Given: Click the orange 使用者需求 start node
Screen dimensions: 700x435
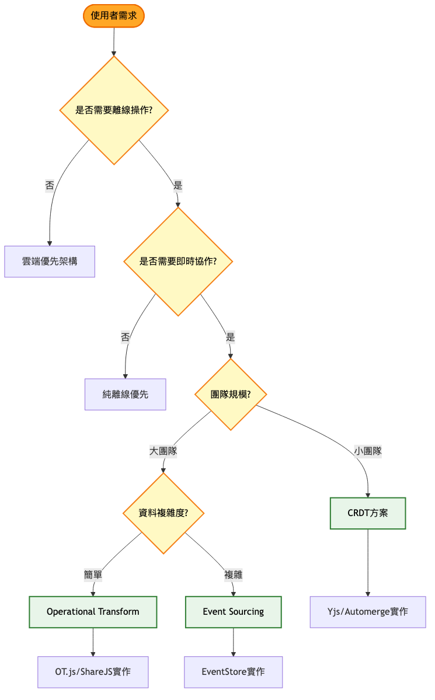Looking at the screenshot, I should point(114,16).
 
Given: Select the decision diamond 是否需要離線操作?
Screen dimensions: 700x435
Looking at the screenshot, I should point(114,110).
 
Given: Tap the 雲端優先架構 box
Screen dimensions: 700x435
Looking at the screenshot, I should point(50,261).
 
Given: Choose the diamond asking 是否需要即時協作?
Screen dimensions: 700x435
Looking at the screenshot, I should point(178,261).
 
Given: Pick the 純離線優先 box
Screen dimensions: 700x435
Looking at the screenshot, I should point(126,394).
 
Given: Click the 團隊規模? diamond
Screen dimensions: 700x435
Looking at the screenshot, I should point(231,394).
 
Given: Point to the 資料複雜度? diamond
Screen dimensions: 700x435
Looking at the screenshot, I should point(163,513).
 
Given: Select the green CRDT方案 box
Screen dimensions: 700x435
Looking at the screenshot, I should point(368,513).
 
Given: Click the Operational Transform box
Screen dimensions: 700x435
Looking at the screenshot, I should point(93,612).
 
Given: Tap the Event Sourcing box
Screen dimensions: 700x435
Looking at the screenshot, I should point(233,612).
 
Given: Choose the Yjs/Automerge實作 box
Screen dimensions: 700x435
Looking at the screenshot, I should point(368,612).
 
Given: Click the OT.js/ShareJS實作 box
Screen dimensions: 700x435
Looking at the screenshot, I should point(93,672).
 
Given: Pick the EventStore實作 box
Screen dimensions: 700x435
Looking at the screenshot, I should point(233,672).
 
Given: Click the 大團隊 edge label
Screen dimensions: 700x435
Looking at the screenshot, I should point(163,451).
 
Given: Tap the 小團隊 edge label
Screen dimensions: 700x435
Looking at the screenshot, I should point(368,451).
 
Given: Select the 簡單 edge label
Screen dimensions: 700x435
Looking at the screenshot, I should point(93,574).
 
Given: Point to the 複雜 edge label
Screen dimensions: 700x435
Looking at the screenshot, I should point(233,574).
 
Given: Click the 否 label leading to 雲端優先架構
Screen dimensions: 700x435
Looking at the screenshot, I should point(50,186).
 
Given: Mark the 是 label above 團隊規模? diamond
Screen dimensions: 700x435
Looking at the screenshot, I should point(230,337).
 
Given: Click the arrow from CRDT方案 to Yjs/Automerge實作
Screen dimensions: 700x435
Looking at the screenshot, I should point(368,563).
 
